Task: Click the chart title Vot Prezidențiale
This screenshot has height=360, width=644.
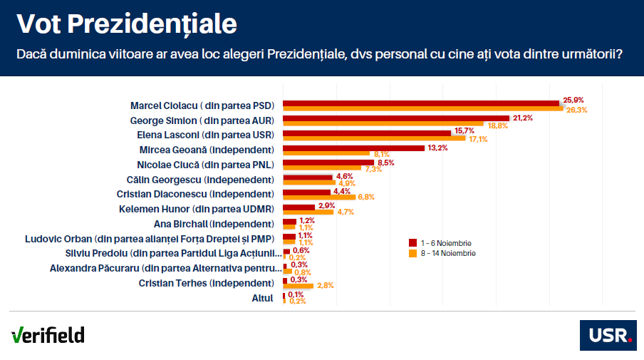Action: pos(126,24)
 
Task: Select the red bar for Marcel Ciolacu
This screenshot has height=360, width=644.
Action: pos(421,103)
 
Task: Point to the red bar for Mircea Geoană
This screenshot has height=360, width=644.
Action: pos(354,148)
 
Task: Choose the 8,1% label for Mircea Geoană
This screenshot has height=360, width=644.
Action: pos(381,154)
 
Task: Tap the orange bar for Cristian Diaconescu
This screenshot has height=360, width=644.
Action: pos(319,197)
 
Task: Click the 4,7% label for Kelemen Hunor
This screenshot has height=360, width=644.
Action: pos(345,212)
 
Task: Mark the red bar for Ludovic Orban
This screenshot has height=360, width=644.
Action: pos(289,236)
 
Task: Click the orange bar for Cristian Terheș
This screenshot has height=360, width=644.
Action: pos(298,285)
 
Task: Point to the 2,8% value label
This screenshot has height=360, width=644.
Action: pos(325,285)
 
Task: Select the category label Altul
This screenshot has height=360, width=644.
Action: pos(263,298)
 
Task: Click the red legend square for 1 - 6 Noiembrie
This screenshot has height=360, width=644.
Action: pos(412,243)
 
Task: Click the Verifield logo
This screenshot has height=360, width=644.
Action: pos(48,334)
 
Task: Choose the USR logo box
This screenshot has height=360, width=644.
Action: pos(607,335)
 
